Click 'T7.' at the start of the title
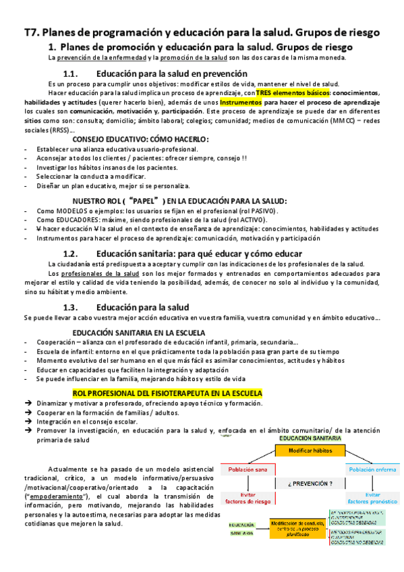coord(34,32)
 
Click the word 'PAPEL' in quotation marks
coord(142,200)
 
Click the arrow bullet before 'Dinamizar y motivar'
coord(27,403)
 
